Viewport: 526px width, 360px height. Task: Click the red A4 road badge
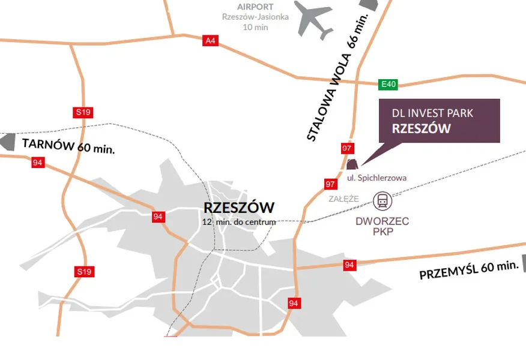(210, 41)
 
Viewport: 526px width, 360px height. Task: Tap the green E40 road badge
(388, 85)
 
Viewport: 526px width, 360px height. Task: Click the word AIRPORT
(255, 7)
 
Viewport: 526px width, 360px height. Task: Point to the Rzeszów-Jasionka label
(255, 17)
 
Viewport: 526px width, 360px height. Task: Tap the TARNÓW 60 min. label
(68, 145)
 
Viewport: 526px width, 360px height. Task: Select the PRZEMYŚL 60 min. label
(468, 270)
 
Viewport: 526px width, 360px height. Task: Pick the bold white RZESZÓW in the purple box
(421, 128)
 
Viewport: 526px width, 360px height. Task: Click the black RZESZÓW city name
(239, 208)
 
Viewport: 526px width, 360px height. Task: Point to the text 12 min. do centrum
(239, 222)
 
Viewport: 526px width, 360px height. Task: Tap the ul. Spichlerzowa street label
(377, 178)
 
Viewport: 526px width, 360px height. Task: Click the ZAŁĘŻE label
(343, 199)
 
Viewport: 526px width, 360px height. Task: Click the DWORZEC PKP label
(382, 226)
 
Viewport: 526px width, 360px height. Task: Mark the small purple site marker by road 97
(352, 163)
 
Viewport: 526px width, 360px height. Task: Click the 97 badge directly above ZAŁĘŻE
(330, 184)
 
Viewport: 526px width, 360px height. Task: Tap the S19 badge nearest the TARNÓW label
(83, 112)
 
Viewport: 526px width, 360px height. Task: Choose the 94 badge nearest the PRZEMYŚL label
(349, 265)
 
